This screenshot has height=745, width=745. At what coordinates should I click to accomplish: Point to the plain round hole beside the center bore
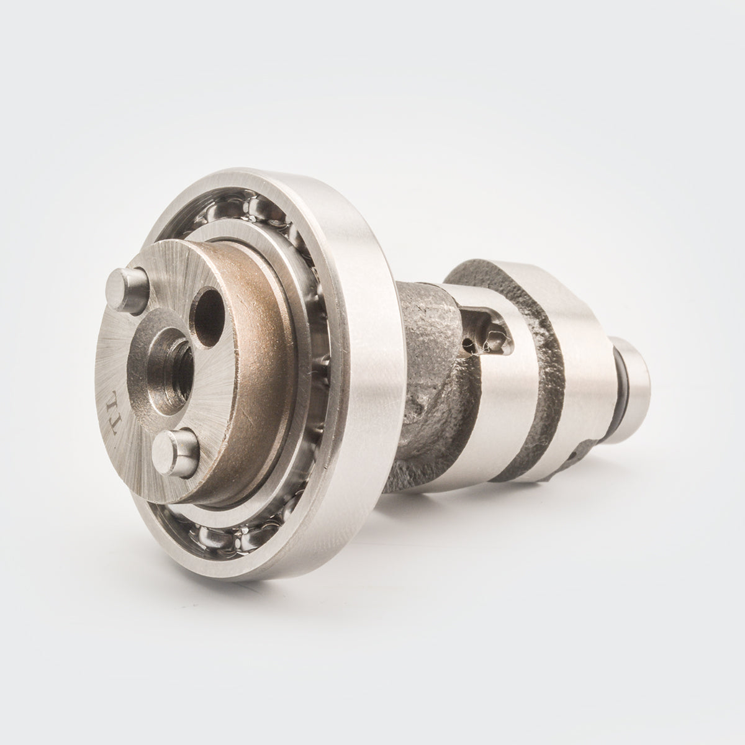209,317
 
